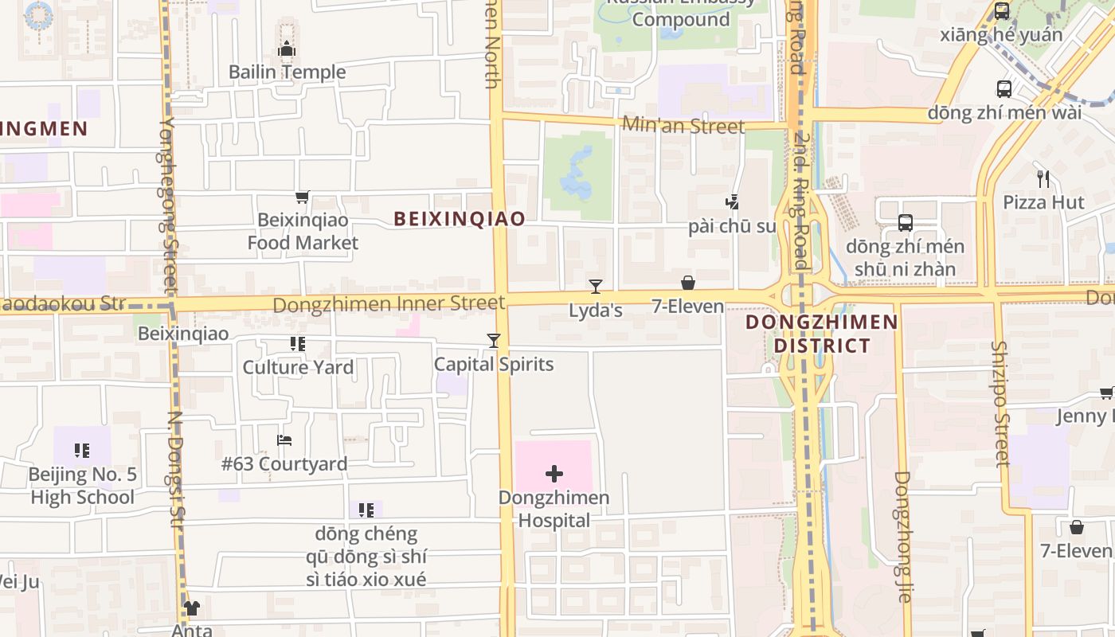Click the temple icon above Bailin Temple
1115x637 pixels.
287,49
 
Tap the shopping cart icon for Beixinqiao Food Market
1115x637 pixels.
302,197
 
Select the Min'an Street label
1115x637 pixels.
683,126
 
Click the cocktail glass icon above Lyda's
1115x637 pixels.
595,287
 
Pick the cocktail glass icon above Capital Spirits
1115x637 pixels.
494,341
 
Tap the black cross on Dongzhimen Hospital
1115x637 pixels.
554,475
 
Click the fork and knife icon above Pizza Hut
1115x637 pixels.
1043,178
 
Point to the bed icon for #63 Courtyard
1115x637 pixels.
284,440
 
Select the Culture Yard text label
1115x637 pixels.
298,367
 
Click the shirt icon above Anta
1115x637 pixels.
192,608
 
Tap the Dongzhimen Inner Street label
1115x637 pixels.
389,303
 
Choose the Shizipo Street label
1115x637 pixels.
1000,404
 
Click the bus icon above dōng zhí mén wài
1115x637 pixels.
1003,89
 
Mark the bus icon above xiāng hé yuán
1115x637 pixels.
1002,11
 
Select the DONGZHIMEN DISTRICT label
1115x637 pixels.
821,334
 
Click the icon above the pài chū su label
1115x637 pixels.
732,202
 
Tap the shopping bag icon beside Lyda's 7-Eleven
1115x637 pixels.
688,283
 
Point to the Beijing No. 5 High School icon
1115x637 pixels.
82,451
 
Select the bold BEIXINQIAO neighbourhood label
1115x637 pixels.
460,219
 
